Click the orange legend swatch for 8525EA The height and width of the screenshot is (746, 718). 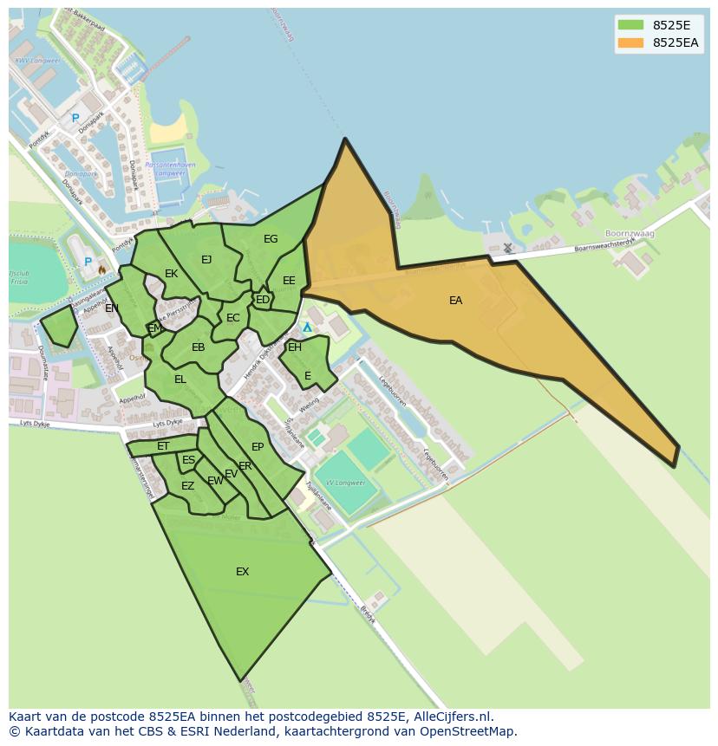(630, 42)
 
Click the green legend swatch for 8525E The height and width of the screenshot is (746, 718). (630, 25)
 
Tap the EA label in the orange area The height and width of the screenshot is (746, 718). (455, 301)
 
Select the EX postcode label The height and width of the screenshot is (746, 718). (243, 572)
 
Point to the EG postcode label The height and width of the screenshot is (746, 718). (271, 239)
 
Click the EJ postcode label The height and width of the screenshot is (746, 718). (206, 260)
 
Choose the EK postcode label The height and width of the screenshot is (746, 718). (171, 274)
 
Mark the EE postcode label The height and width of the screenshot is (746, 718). (289, 281)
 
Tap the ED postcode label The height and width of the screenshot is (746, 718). (262, 300)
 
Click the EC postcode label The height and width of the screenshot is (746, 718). (232, 318)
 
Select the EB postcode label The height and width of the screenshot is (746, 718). (198, 347)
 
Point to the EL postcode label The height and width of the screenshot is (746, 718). (180, 379)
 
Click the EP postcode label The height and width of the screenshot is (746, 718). (258, 447)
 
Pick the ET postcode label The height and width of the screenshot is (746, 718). (163, 446)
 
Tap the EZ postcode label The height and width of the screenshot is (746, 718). (187, 486)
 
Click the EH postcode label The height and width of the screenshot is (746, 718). (295, 347)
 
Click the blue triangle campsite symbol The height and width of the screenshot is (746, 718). (307, 328)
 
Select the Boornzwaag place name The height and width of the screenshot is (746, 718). (630, 234)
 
